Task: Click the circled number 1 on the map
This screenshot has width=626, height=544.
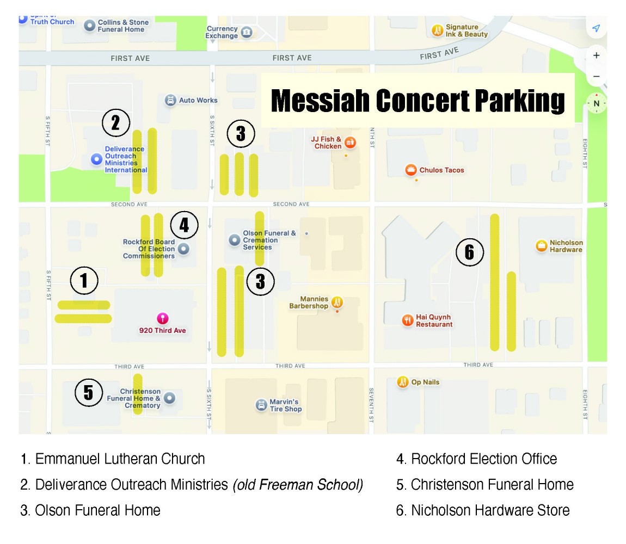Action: click(x=84, y=281)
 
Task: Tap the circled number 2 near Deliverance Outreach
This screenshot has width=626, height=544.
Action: click(x=115, y=123)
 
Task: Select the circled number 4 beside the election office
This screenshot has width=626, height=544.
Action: click(x=184, y=225)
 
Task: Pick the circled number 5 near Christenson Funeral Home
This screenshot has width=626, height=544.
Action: click(x=88, y=392)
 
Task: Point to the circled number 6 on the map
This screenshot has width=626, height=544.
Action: click(x=469, y=252)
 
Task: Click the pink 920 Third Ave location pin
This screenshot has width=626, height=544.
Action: click(x=162, y=319)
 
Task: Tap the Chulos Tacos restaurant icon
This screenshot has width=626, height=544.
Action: click(x=411, y=170)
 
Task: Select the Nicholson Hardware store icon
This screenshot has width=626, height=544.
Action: click(x=542, y=246)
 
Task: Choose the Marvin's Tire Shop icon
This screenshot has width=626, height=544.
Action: click(x=261, y=405)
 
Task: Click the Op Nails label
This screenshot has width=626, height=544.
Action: click(x=425, y=382)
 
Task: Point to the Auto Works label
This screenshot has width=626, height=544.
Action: click(x=198, y=100)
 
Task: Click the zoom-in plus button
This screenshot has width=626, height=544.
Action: click(x=596, y=55)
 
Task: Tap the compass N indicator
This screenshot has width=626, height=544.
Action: click(x=596, y=103)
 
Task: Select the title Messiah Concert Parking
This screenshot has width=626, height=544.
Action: click(x=418, y=101)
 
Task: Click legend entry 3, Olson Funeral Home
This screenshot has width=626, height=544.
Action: click(x=91, y=510)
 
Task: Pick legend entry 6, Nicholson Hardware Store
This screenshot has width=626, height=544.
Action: click(x=483, y=510)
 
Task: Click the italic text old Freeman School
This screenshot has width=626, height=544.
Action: click(x=298, y=484)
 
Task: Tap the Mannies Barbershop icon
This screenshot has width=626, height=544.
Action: click(x=337, y=302)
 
